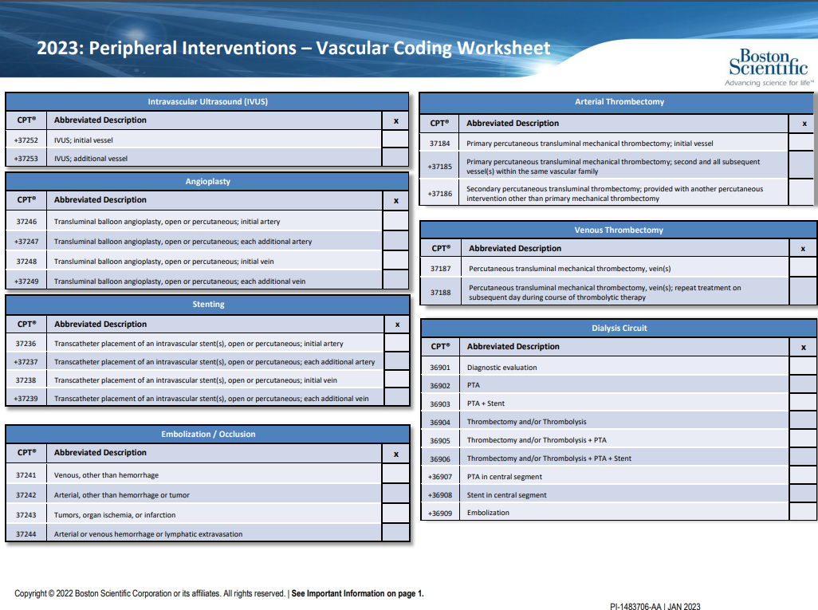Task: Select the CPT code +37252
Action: [26, 140]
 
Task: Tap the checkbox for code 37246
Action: [395, 221]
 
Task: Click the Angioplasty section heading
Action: [207, 182]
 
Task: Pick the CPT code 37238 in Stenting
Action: [26, 380]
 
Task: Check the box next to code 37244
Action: [395, 533]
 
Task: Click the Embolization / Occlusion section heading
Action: [208, 434]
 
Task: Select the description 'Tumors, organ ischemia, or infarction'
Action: [115, 514]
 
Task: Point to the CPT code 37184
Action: [440, 143]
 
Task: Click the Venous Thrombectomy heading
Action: [619, 230]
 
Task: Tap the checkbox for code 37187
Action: [803, 267]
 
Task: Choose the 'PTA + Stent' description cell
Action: [486, 403]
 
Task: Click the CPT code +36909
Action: [440, 513]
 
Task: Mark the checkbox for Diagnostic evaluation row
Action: [803, 366]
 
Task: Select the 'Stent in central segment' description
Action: [506, 494]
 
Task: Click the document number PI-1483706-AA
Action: [635, 606]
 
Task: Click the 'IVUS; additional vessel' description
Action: [91, 158]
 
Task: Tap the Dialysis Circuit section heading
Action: [619, 329]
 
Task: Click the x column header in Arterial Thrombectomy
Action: [804, 124]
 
